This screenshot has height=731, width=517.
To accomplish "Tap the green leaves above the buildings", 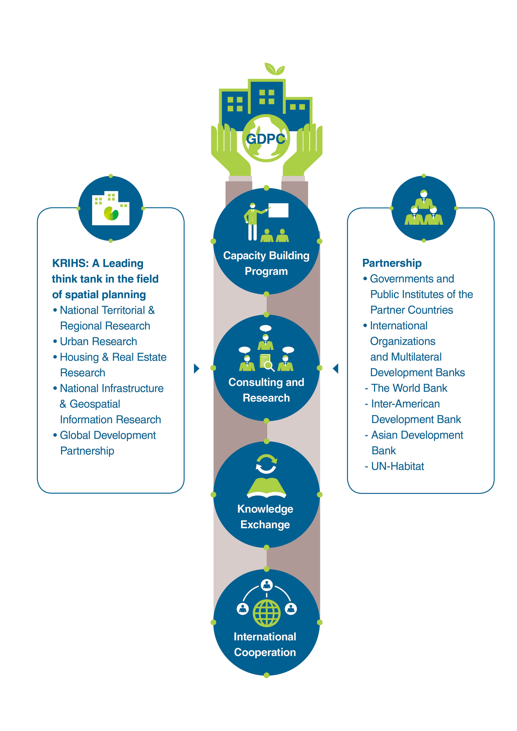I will click(274, 69).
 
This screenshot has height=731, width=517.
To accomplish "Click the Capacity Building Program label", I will click(266, 263).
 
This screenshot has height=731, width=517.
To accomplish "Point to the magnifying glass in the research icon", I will click(269, 366).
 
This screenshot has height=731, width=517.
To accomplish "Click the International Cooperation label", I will click(265, 644).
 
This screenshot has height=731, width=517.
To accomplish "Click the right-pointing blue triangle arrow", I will click(197, 368).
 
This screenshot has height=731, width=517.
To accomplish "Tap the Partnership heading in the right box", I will click(392, 263).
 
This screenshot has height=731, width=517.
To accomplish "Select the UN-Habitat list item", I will click(397, 466).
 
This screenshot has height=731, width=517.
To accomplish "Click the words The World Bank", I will click(409, 388).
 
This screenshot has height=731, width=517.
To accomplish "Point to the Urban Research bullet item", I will click(98, 341).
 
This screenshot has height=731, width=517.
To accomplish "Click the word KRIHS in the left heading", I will click(70, 263).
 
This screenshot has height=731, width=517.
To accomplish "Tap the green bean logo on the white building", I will click(111, 213).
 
